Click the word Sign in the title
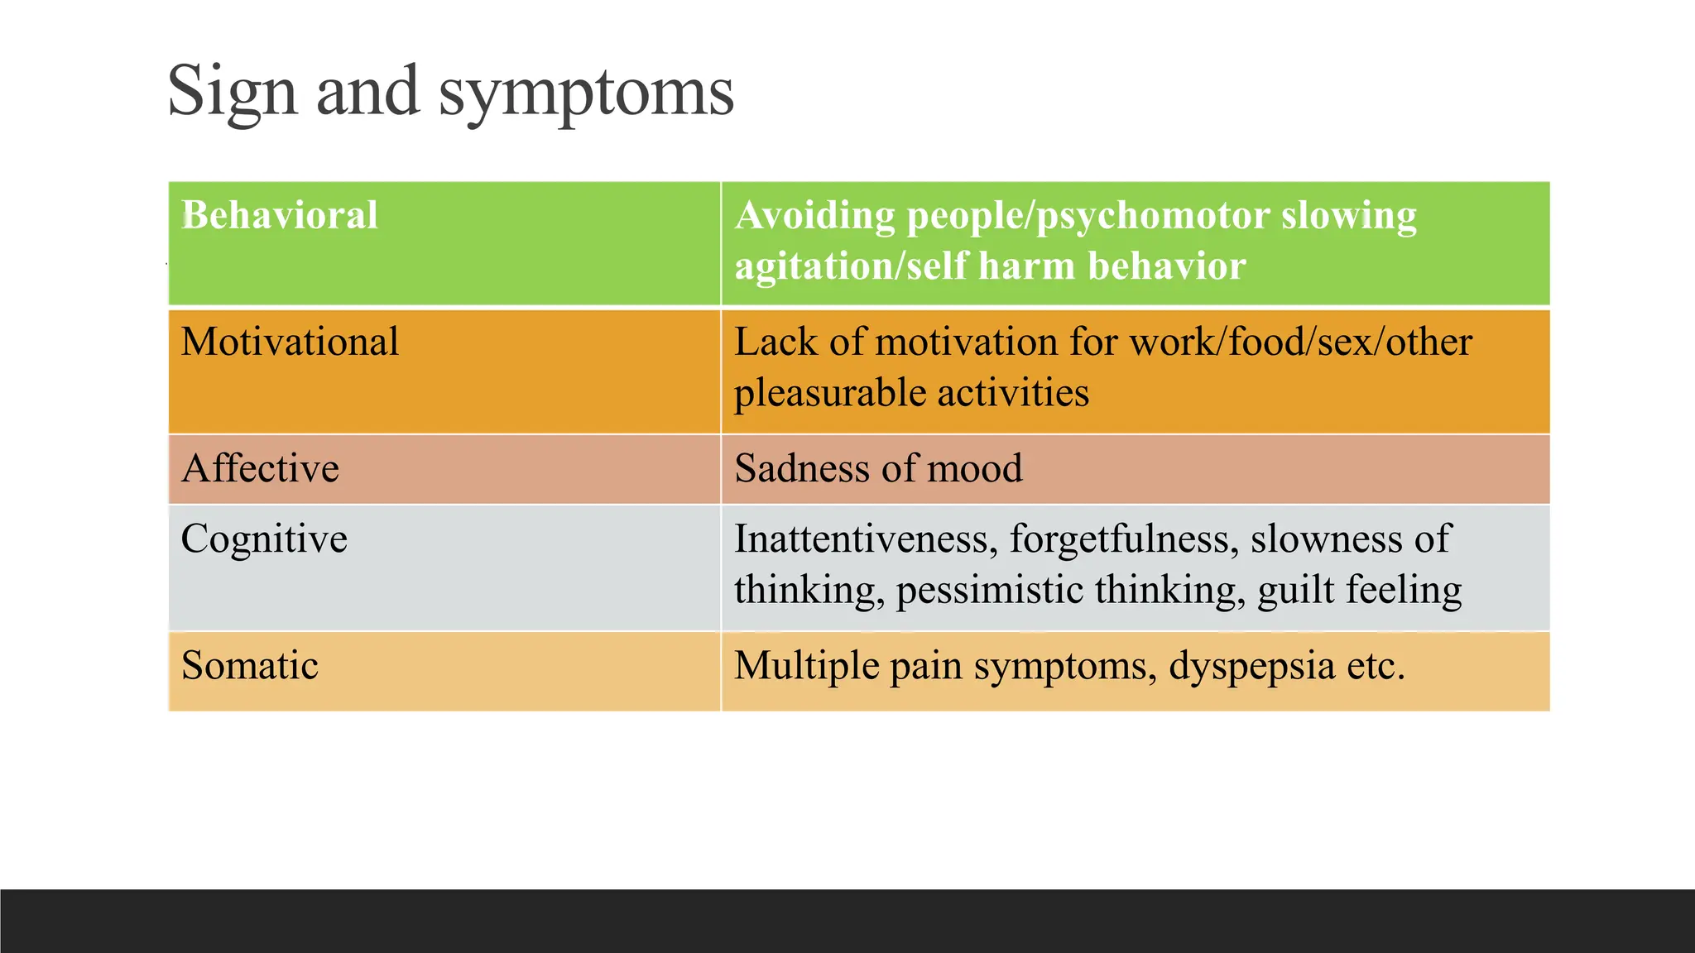232,91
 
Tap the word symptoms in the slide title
586,93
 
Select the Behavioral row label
280,215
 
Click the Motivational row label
290,342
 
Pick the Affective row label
260,468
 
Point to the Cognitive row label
264,539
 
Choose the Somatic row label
249,665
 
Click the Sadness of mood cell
878,468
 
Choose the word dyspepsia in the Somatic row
1251,666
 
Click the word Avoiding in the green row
814,216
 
